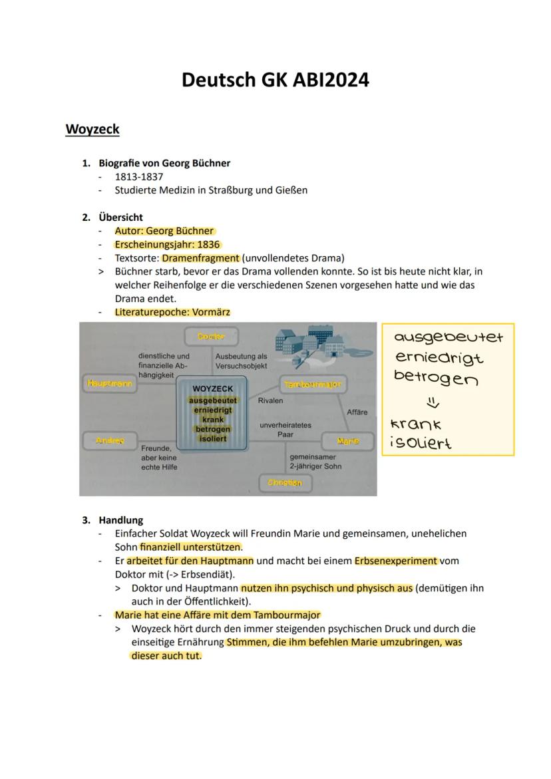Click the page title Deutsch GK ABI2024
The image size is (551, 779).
pos(275,80)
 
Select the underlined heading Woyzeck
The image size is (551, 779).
pos(92,129)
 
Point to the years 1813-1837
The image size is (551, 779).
pos(138,176)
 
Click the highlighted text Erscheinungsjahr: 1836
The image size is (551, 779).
pos(167,244)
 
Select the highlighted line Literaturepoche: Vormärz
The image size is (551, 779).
pos(172,311)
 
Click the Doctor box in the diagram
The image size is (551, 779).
pos(212,337)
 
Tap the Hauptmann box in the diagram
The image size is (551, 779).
pos(109,383)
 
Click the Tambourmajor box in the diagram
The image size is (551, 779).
pos(312,385)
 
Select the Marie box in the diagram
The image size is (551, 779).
pos(347,441)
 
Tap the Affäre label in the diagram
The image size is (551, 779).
pos(357,412)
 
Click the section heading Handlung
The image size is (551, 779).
pos(120,520)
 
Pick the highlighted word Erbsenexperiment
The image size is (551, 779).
pos(396,561)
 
